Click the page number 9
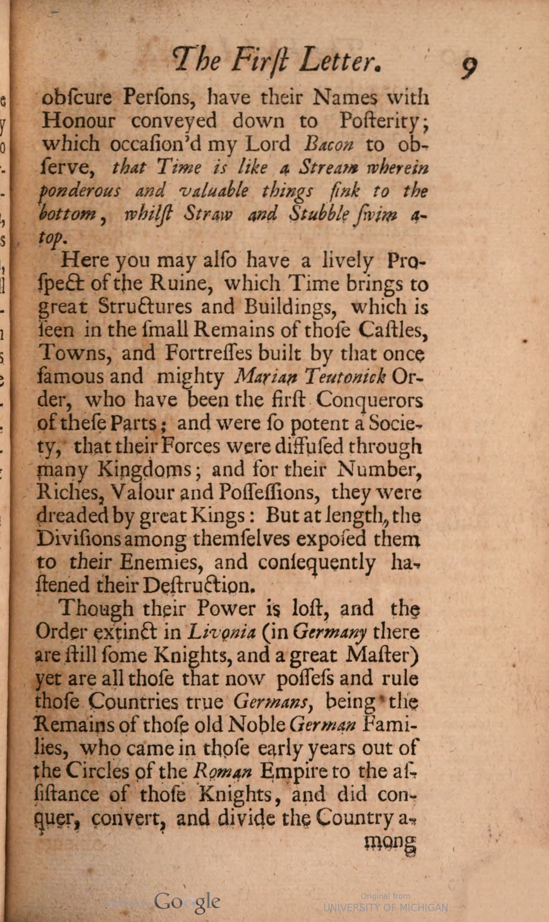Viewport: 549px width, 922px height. (x=469, y=67)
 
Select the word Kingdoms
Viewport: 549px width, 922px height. (x=145, y=470)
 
